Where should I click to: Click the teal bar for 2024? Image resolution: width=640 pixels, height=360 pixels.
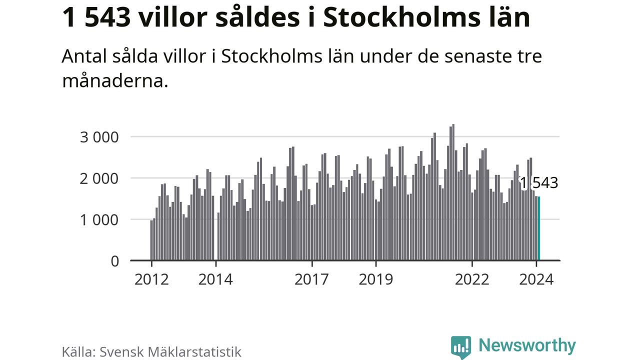click(539, 228)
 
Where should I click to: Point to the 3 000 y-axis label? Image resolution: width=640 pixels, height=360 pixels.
click(100, 137)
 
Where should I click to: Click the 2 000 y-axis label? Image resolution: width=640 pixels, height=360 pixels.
click(100, 178)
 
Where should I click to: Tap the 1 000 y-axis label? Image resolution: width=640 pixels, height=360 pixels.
click(100, 220)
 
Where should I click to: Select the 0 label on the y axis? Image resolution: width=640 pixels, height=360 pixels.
click(115, 261)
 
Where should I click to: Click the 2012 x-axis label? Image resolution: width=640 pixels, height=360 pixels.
click(151, 279)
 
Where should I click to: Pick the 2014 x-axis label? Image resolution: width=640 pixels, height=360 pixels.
click(215, 279)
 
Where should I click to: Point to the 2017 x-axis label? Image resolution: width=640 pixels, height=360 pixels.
click(312, 279)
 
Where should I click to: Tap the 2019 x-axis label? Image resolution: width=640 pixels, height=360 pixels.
click(376, 279)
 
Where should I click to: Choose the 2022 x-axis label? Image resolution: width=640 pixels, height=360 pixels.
click(472, 279)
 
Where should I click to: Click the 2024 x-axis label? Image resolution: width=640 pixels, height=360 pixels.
click(536, 279)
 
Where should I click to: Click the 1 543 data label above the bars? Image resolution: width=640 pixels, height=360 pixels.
click(538, 183)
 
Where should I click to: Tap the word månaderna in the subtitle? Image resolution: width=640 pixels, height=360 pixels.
click(114, 80)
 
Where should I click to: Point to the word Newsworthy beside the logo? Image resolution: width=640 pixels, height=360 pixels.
click(527, 345)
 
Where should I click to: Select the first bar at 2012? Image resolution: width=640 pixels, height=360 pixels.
click(151, 240)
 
